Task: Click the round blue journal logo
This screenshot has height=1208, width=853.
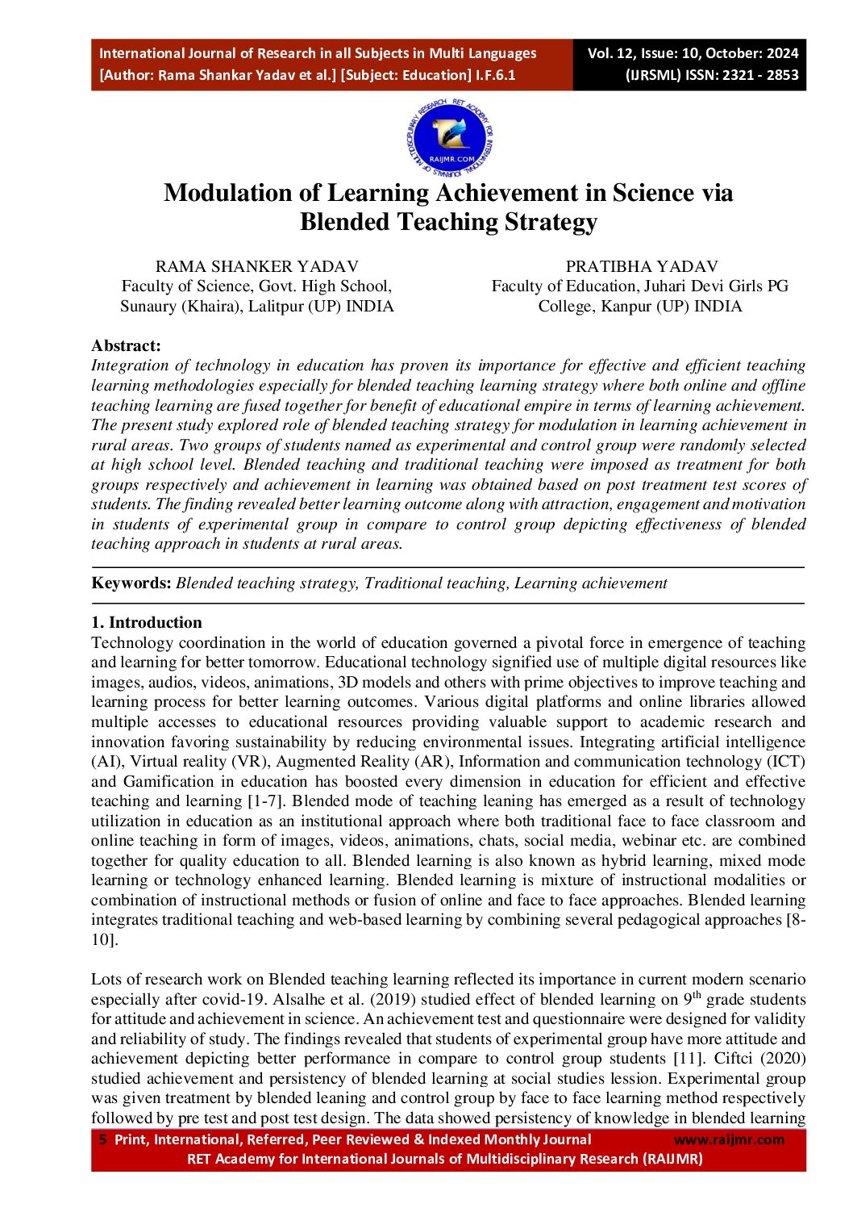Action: click(449, 138)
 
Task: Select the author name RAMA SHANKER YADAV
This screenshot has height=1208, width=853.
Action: click(256, 266)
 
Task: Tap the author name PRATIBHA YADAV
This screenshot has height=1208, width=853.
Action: click(641, 266)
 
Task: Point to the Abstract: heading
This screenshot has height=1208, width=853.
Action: click(126, 345)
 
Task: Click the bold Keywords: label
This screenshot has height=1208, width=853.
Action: click(131, 583)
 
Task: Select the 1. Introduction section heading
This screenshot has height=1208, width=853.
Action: click(146, 622)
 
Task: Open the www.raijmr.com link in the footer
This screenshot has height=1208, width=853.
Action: click(728, 1139)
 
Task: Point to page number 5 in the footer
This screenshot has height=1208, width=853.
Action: click(102, 1139)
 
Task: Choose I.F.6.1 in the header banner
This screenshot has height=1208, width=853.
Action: click(496, 75)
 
